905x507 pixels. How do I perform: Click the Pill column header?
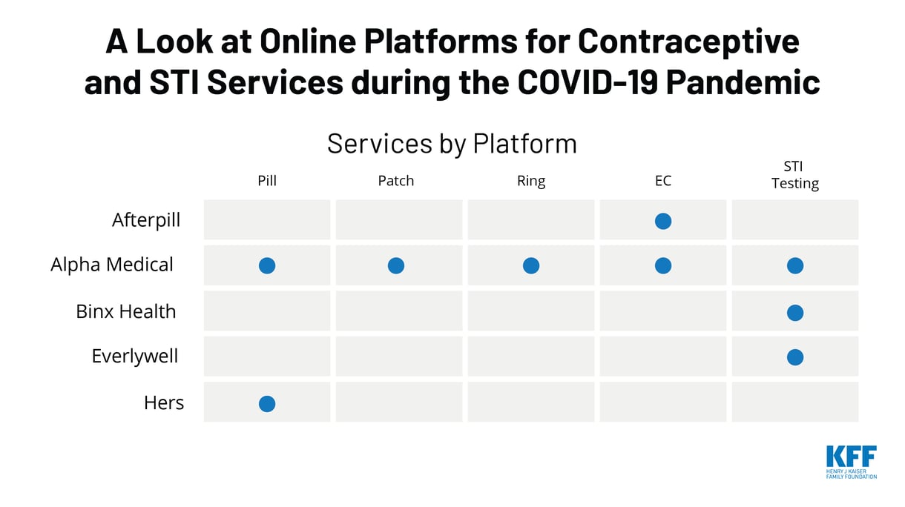point(267,181)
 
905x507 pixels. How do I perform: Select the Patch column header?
point(396,181)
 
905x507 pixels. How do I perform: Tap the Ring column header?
point(531,181)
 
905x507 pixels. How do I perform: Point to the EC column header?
point(663,181)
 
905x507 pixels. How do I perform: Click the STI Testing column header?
point(795,175)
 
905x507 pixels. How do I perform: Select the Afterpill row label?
point(146,220)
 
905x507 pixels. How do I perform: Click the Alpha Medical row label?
point(112,265)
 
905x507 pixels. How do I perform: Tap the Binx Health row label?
point(126,311)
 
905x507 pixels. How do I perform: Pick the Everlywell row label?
point(135,357)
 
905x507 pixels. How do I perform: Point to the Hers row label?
point(164,403)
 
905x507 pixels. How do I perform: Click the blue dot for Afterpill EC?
point(663,221)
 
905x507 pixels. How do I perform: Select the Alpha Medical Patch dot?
point(396,265)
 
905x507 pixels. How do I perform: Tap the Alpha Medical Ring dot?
point(531,265)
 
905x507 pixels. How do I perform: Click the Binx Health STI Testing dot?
point(795,312)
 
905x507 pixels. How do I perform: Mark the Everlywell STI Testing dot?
point(795,357)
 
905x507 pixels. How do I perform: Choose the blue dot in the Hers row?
point(267,404)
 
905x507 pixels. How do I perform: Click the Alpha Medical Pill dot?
point(267,265)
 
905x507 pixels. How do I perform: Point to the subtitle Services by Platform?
point(452,144)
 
